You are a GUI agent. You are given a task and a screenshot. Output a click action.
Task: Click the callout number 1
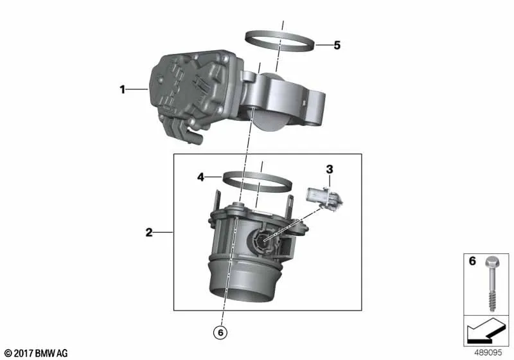122,89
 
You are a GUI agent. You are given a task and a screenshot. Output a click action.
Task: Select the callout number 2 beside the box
149,233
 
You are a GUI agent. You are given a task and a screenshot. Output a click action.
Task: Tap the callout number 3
330,170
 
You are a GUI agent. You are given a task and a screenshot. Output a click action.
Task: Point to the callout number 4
200,177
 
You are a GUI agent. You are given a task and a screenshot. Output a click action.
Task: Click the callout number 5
337,45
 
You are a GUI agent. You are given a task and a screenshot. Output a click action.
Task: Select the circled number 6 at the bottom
220,332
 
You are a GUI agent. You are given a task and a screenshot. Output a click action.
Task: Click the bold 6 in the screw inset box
472,261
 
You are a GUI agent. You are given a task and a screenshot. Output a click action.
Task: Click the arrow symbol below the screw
486,331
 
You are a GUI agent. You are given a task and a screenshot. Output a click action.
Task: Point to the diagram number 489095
488,353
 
